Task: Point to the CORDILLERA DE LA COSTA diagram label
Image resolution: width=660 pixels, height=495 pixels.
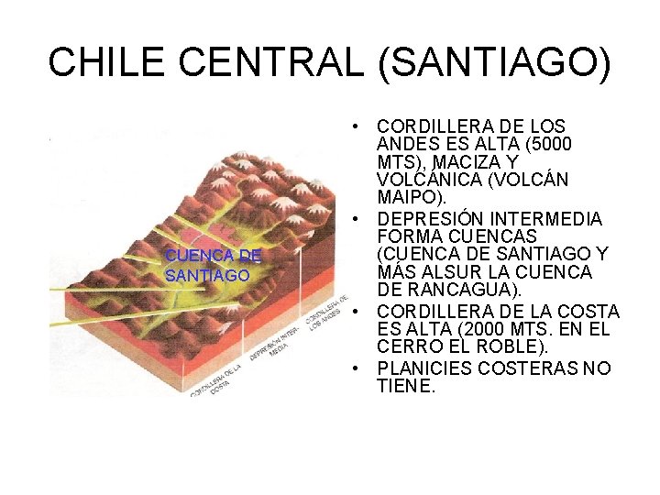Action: (216, 377)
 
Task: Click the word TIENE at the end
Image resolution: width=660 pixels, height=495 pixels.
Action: (402, 386)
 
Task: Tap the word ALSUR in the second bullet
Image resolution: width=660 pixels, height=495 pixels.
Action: (459, 273)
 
